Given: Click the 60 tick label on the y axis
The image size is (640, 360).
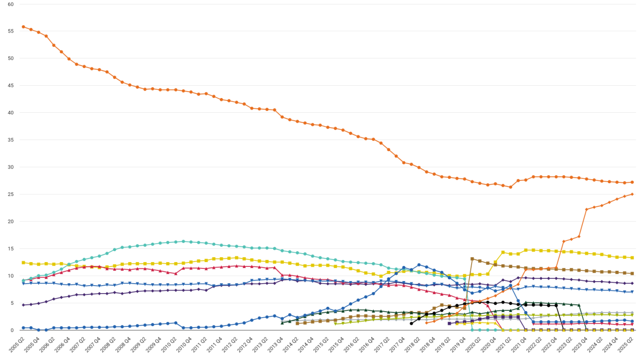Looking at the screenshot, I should pos(10,4).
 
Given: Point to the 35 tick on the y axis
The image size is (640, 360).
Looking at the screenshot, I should pos(10,140).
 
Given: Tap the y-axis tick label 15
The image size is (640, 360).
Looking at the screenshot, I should pos(10,249).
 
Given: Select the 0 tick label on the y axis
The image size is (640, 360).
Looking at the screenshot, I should pos(12,330).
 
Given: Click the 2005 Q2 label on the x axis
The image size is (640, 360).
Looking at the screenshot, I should pos(16,345).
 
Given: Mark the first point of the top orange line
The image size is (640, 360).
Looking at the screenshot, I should pos(23,27).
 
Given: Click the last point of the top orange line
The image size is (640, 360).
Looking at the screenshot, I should pos(632,182).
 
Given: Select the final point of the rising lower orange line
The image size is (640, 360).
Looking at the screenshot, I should pos(632,194).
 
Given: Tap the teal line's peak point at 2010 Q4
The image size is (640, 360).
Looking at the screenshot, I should pos(183,241).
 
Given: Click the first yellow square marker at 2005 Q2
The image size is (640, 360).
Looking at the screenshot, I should pos(23,262).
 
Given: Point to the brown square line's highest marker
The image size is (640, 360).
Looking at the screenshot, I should pos(472,259).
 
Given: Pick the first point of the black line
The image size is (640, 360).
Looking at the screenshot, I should pos(411,323).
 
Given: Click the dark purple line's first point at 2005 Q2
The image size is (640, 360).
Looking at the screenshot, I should pos(23,305).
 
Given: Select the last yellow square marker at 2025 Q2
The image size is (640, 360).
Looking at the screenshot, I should pos(632,258).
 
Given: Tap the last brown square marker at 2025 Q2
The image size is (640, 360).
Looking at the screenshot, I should pos(632,273).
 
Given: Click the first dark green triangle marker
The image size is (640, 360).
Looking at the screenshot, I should pos(282,323).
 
